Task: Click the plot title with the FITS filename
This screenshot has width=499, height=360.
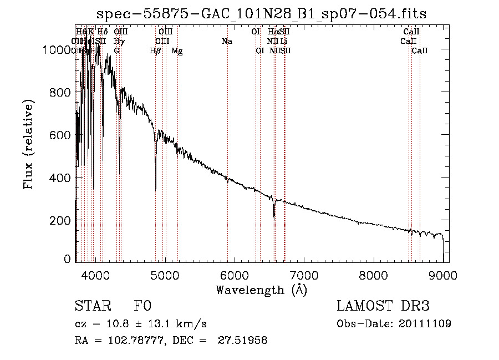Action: point(261,14)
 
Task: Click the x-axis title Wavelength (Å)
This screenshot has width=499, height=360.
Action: point(261,290)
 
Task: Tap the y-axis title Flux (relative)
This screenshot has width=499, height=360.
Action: point(28,144)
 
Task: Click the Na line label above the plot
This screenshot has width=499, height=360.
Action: point(226,41)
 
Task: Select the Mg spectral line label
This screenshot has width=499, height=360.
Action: point(177,50)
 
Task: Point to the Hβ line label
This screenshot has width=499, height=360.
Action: point(156,50)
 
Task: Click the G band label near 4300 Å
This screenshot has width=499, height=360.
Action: point(116,50)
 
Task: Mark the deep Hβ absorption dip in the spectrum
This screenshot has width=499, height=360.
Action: point(156,186)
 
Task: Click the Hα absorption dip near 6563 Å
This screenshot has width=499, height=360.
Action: point(274,215)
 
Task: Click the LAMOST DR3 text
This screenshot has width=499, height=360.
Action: point(383,306)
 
